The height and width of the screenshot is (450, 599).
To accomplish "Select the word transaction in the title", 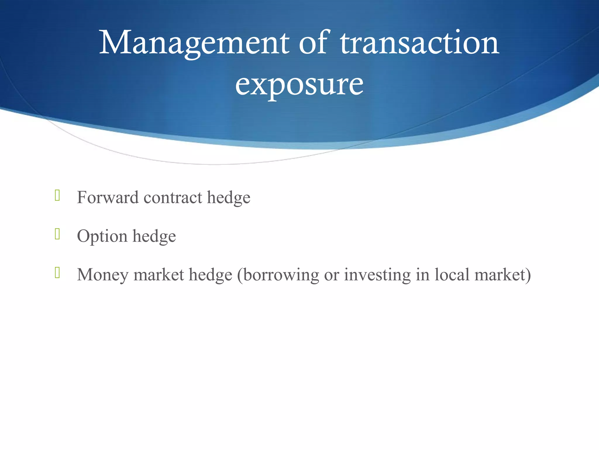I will coord(420,43).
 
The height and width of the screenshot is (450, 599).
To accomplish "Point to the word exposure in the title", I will coord(299,85).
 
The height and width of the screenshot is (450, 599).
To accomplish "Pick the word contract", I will coord(173,198).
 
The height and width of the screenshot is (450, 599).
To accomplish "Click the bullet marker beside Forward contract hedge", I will coord(57,195).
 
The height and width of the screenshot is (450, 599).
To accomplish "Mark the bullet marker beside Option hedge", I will coord(57,234).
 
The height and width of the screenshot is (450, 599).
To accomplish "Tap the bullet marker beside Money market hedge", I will coord(57,273).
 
